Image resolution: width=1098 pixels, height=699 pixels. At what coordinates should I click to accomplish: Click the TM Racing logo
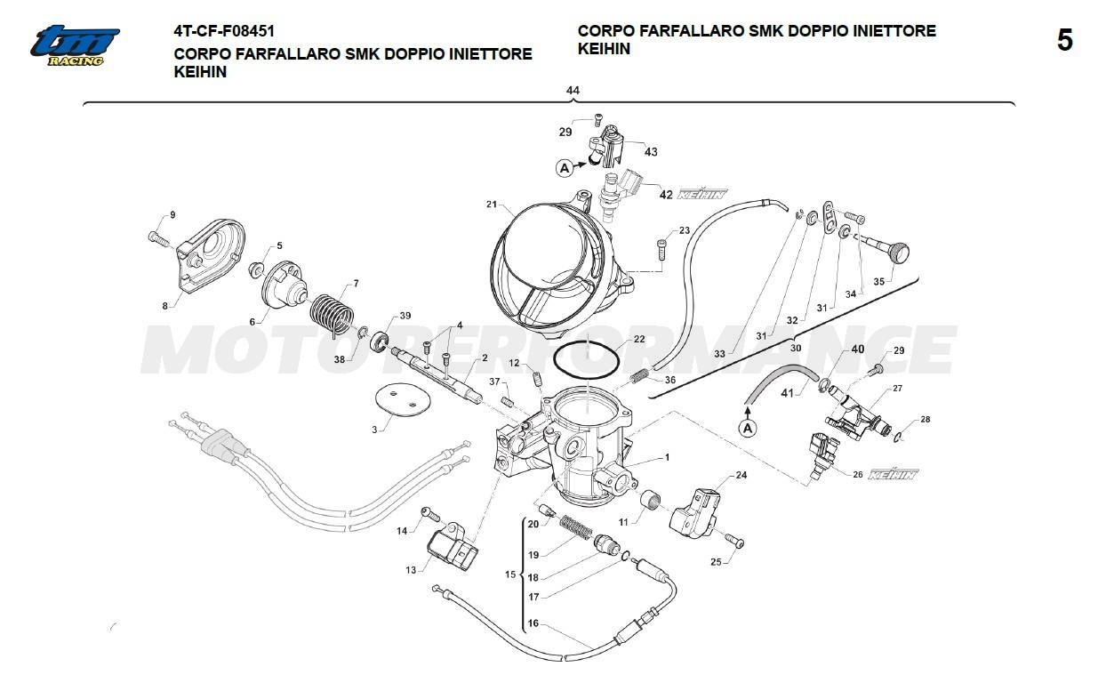coord(75,44)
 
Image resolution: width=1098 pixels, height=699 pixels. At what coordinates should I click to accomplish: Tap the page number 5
coord(1064,41)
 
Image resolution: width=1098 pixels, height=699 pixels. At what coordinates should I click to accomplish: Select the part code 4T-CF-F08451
coord(224,31)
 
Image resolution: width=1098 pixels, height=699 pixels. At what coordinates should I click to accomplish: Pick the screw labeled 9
coord(157,237)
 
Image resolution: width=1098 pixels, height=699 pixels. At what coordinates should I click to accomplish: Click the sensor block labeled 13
coord(453,547)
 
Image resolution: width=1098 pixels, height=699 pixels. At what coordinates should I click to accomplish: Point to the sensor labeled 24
coord(697,510)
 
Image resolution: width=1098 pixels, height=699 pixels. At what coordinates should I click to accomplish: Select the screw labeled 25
coord(734,542)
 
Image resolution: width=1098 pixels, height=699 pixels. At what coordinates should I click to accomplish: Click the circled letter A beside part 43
coord(565,166)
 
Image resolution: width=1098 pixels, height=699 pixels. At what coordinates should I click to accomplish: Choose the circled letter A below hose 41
coord(748,428)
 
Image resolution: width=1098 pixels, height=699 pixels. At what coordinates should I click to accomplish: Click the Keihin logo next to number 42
coord(702,194)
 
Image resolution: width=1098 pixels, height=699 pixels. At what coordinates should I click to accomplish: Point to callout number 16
coord(533,623)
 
